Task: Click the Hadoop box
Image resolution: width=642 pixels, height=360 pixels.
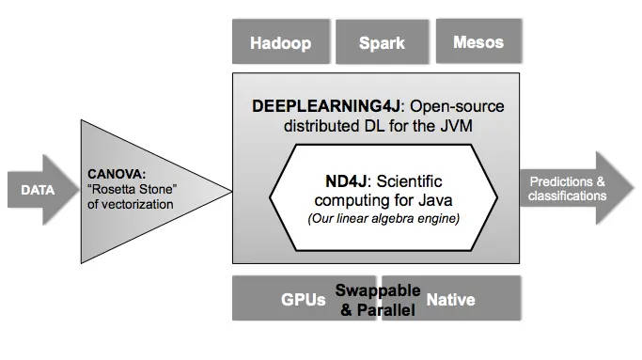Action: (x=280, y=43)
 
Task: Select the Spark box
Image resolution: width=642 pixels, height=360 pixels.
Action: (x=382, y=43)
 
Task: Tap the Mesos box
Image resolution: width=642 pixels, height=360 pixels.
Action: (x=478, y=42)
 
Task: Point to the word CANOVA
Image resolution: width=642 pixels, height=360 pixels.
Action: (x=117, y=174)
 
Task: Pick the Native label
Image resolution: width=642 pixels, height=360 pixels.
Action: (x=450, y=301)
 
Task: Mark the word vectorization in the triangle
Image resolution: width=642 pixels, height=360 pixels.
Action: (x=137, y=204)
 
